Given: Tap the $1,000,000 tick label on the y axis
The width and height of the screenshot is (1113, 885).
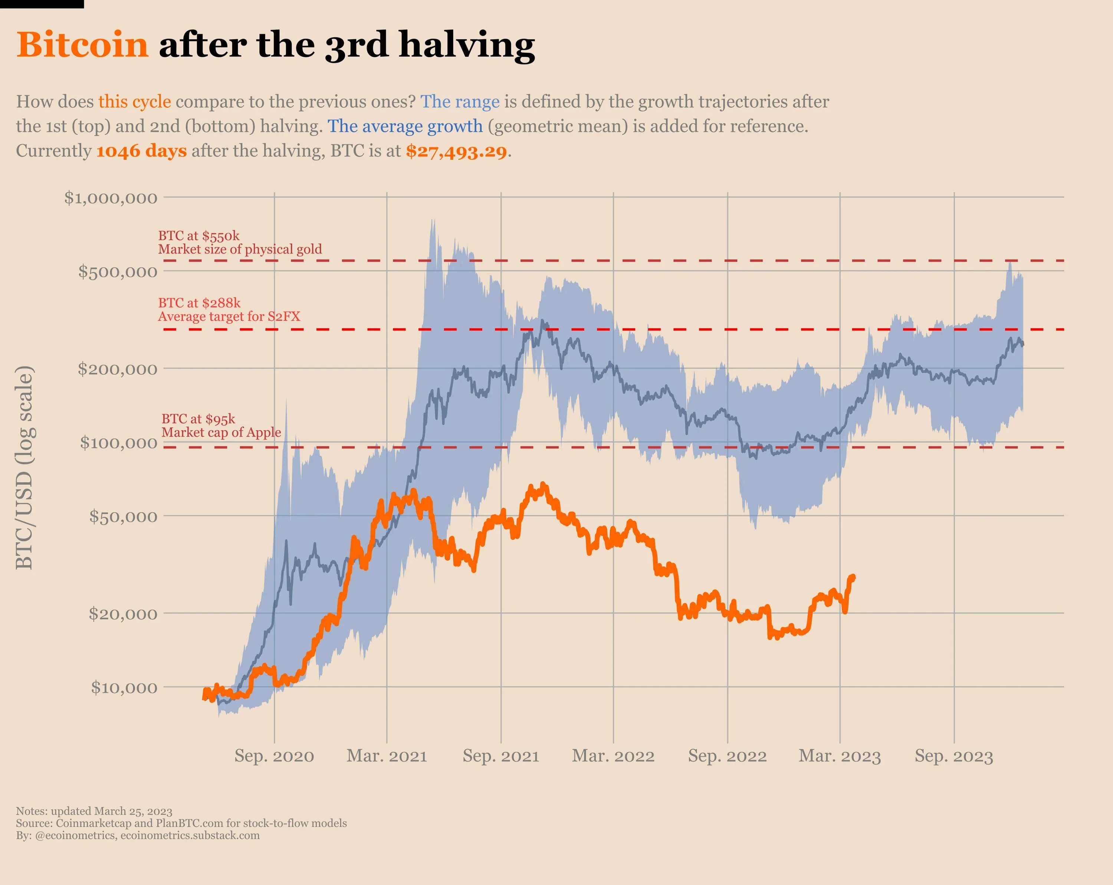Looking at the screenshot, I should coord(111,198).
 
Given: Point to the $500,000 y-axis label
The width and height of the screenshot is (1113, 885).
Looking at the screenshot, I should coord(118,271).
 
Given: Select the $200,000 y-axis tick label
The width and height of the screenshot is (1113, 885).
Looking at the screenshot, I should coord(117,369).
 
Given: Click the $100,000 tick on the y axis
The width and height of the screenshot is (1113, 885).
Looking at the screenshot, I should coord(118,443).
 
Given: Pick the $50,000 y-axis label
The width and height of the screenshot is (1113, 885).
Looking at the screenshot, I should coord(123,516).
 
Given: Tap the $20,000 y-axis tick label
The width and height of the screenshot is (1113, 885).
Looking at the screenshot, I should coord(123,614).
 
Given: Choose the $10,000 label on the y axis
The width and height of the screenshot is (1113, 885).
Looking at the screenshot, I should coord(124,687).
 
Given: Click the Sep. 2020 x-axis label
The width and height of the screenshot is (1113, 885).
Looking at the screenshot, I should coord(274,756).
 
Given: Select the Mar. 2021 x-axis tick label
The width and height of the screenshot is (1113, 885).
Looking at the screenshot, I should coord(387,756).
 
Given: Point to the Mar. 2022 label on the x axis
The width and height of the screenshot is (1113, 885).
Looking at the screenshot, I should coord(613,756).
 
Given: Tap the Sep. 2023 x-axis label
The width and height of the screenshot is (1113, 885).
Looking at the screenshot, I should coord(954,756).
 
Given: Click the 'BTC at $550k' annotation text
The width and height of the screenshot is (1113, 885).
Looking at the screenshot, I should coord(199,236).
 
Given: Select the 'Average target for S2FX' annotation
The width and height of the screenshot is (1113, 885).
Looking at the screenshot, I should coord(229,316).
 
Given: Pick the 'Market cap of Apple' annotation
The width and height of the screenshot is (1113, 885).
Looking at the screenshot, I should coord(221,432).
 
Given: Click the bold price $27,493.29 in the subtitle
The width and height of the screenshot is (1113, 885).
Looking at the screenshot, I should coord(456,151).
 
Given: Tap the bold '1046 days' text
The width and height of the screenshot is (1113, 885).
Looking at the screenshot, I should coord(141,151).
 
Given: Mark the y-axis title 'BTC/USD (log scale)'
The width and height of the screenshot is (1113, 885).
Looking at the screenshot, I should coord(24,468).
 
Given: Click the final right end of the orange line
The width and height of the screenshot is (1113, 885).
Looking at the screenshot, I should coord(853,577).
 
